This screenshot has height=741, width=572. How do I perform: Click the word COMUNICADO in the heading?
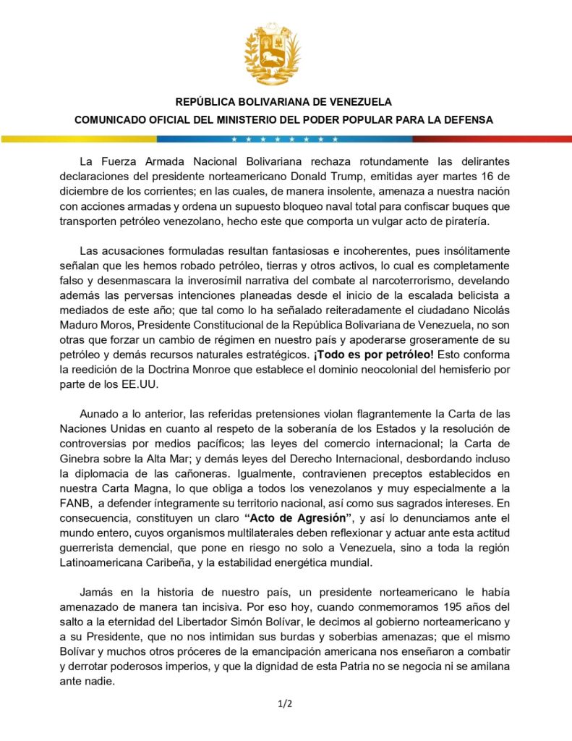point(116,120)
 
